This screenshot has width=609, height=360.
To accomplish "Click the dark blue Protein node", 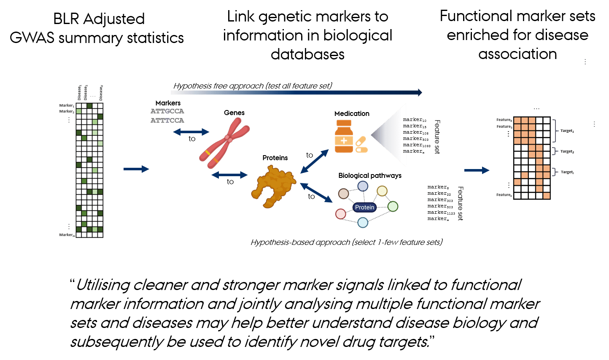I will (364, 207).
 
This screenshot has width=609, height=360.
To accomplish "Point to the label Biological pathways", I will (370, 175).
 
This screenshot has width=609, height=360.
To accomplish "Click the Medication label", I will (352, 113).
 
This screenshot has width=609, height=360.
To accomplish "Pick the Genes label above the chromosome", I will (234, 113).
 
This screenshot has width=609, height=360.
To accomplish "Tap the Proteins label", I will (275, 158).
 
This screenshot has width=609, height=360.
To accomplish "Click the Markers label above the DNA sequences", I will (168, 103).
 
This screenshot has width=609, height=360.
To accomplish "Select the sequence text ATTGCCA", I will (167, 111).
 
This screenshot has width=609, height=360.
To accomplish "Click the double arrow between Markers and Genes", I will (191, 132).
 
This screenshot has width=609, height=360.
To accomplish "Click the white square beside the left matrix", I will (114, 170).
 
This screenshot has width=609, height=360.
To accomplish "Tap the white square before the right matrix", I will (455, 172).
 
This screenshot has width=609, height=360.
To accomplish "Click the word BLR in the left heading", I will (67, 19).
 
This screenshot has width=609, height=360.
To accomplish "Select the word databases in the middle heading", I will (307, 54).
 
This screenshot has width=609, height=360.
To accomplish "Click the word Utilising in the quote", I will (103, 285).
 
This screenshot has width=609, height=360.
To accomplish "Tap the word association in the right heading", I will (517, 54).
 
